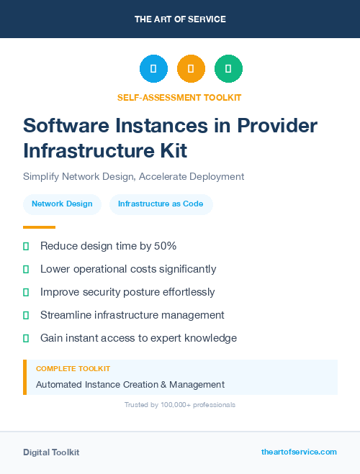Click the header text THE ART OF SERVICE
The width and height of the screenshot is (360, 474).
180,19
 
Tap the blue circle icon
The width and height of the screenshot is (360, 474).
153,69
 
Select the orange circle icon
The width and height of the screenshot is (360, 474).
191,69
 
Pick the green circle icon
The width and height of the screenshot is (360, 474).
228,69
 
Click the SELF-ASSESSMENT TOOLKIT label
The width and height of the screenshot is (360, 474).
179,97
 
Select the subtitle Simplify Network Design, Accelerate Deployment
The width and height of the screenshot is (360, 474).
134,176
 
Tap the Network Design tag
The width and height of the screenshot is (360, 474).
62,204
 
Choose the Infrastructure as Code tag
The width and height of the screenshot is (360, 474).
161,204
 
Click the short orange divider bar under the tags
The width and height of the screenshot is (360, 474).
39,227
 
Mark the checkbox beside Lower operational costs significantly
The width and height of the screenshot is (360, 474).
26,270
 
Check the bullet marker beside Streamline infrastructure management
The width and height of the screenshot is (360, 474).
26,315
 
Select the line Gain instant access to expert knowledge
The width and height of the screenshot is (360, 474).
138,338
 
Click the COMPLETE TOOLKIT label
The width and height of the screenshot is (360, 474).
73,369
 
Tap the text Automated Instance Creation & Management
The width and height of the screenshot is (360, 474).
130,385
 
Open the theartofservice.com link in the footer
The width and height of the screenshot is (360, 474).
299,452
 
